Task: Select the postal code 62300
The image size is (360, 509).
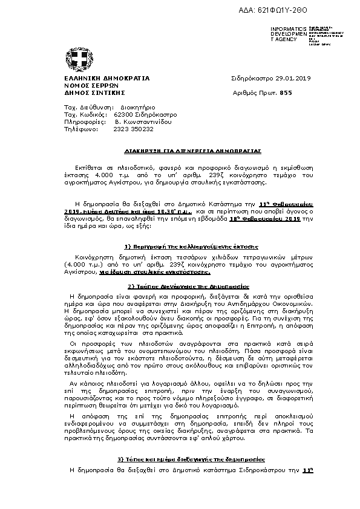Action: coord(123,114)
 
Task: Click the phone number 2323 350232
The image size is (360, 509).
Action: coord(133,129)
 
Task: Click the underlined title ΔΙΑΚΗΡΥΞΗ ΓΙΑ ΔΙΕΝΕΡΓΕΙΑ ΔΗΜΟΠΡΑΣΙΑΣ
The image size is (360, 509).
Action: coord(192,148)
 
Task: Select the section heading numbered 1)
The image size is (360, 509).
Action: coord(191,247)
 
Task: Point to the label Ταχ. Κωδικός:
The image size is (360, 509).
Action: coord(85,114)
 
